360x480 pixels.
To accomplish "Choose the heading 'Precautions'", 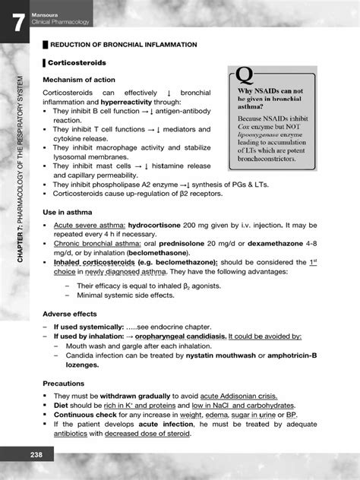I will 65,384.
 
